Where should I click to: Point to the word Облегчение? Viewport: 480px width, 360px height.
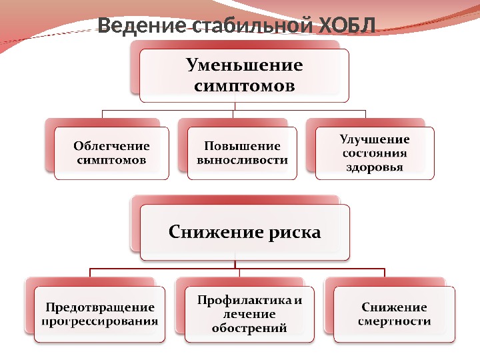pyautogui.click(x=111, y=145)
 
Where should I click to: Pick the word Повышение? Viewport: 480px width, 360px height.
pyautogui.click(x=242, y=145)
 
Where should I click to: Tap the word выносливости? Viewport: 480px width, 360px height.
pyautogui.click(x=242, y=160)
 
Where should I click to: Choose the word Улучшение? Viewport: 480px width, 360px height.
pyautogui.click(x=375, y=139)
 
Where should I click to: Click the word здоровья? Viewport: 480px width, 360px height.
pyautogui.click(x=375, y=167)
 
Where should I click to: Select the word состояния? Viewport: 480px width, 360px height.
pyautogui.click(x=375, y=153)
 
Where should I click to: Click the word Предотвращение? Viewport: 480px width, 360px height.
pyautogui.click(x=100, y=307)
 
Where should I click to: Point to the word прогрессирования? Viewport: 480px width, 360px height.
pyautogui.click(x=100, y=321)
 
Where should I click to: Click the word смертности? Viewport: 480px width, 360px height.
pyautogui.click(x=395, y=321)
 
